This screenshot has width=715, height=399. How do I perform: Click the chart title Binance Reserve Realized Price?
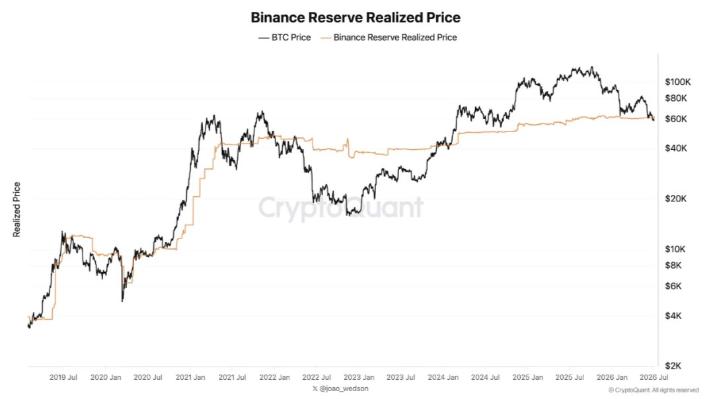(356, 17)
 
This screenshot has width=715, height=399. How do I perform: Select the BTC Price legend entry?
(285, 38)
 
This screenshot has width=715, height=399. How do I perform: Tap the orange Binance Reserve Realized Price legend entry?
(389, 38)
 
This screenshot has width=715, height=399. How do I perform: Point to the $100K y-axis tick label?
(677, 82)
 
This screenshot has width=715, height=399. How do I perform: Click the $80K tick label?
(676, 98)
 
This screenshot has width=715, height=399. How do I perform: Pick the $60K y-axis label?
(676, 119)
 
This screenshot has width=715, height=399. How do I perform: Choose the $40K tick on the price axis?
(676, 148)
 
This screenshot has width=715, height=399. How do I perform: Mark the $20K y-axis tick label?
(676, 199)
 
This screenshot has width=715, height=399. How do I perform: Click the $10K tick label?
(675, 249)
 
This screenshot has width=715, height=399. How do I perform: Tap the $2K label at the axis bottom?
(673, 366)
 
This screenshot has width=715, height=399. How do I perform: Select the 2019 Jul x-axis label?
(63, 377)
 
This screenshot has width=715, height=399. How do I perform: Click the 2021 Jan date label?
(190, 377)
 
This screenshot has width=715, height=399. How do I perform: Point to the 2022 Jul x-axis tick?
(317, 377)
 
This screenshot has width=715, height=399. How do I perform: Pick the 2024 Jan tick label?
(443, 377)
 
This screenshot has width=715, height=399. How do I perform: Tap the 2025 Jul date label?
(570, 377)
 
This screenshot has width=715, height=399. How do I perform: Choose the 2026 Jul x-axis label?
(654, 377)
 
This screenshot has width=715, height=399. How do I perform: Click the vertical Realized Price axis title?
(17, 209)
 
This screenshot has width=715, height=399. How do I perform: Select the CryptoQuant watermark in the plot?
(341, 207)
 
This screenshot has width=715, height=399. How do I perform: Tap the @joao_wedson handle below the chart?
(340, 388)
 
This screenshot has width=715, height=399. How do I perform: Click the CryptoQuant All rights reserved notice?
(654, 390)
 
